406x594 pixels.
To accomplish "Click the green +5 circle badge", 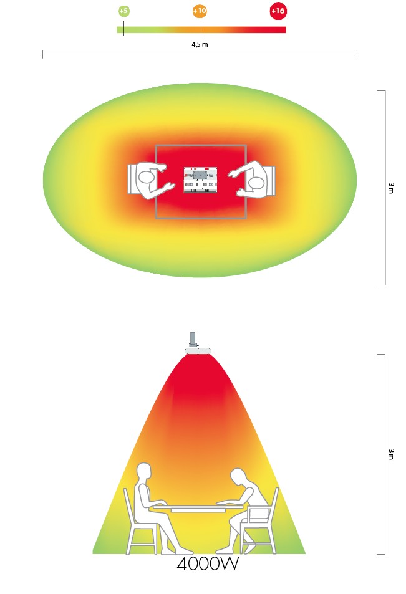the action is point(124,11).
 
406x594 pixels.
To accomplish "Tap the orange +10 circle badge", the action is point(200,11).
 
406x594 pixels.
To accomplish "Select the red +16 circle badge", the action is point(278,11).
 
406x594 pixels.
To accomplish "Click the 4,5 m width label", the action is point(200,44).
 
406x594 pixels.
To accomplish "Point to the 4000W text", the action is point(208,563).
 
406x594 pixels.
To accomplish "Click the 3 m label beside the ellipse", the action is point(391,188).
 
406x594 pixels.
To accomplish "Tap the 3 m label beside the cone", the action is point(391,454).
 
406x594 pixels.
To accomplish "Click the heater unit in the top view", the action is point(201,180).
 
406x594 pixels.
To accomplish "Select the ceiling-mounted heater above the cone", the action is point(198,351).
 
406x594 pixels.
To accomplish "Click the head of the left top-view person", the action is point(146,178).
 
